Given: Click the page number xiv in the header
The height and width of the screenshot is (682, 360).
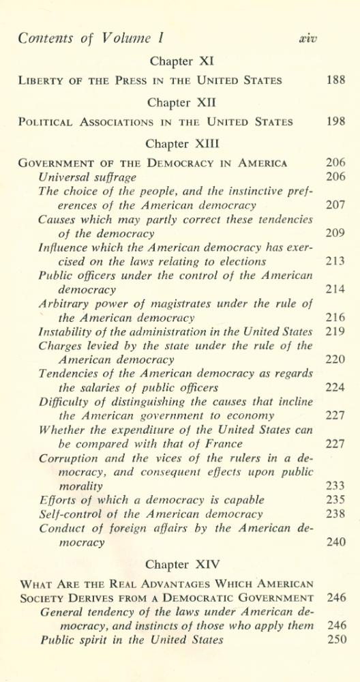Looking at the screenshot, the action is [x=307, y=38].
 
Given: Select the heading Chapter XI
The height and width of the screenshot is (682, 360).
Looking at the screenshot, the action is [x=180, y=61].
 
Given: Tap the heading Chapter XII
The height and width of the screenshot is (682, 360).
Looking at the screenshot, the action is [x=180, y=103].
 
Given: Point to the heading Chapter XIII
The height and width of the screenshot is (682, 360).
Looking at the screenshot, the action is [x=180, y=145].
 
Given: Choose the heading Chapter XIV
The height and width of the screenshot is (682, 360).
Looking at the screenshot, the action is [x=180, y=565].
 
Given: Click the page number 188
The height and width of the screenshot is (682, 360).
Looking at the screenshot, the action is [x=335, y=80].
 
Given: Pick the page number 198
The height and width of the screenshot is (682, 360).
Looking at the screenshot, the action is [x=335, y=122].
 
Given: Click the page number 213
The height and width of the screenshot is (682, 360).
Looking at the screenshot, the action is [x=335, y=261].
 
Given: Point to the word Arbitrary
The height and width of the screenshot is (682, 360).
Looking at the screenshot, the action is [x=66, y=303].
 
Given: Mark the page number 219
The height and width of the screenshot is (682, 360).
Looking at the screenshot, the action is [x=335, y=331].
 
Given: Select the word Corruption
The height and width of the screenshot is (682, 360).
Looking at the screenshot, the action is [x=69, y=458].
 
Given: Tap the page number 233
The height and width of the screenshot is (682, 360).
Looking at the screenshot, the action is [x=335, y=486].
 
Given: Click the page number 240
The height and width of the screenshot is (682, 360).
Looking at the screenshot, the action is [x=335, y=542].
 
